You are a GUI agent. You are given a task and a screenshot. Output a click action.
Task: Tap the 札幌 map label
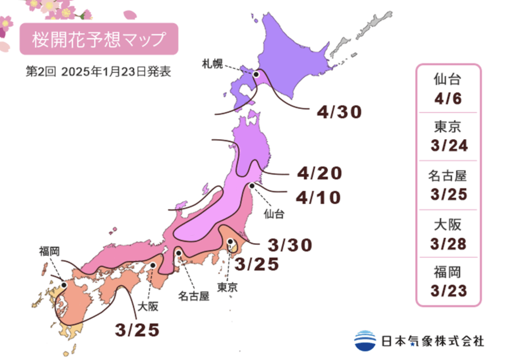tap(212, 63)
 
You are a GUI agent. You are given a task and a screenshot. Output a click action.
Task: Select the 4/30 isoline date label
tap(339, 112)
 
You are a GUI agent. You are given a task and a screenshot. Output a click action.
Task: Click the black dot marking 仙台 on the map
tap(252, 185)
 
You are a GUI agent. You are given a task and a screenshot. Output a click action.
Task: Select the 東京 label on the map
tap(227, 287)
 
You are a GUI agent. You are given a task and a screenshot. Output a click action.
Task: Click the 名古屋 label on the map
tap(193, 296)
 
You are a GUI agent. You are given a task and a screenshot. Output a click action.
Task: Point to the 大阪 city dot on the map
tap(153, 266)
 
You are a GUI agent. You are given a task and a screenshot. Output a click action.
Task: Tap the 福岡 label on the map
tap(50, 251)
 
